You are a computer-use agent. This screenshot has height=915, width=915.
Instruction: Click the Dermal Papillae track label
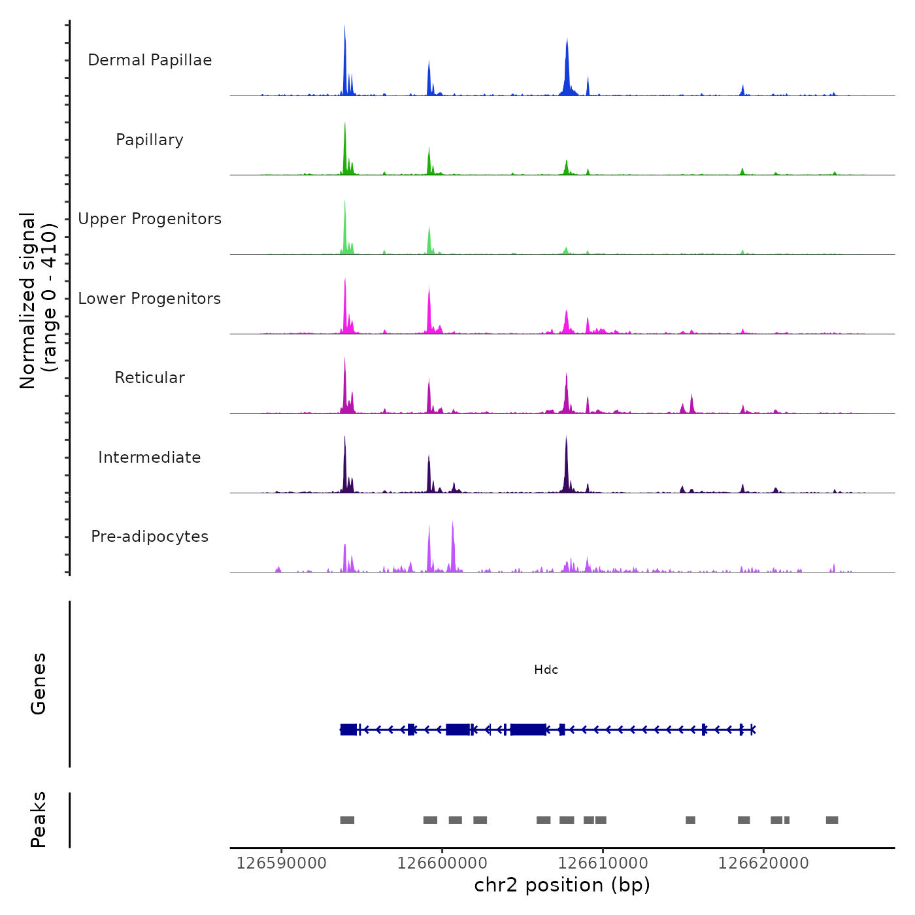[150, 60]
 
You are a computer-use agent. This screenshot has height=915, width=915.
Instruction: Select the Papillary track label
[150, 140]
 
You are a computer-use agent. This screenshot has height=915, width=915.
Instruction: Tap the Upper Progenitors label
[150, 219]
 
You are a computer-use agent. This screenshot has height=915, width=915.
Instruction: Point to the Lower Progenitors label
[150, 299]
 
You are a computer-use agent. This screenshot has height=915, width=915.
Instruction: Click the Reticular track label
[150, 378]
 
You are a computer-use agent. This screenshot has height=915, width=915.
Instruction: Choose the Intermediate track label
[150, 457]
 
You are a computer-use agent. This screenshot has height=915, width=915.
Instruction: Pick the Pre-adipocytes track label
[150, 537]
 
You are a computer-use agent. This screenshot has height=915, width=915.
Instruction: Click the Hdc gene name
[546, 670]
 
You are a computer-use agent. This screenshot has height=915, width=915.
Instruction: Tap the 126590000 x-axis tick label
[281, 863]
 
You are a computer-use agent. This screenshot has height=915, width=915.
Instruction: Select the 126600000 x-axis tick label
[442, 863]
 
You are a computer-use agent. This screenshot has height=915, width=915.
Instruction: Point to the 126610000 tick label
[603, 863]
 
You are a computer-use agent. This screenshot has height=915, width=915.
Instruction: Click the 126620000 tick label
[763, 863]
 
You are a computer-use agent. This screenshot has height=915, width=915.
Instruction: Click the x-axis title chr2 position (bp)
[562, 885]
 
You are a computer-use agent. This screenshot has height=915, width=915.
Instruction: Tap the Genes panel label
[39, 684]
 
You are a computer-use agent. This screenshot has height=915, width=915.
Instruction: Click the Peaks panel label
[39, 820]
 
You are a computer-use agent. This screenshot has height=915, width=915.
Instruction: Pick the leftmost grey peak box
[347, 820]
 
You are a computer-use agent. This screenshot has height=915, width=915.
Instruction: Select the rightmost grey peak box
[831, 820]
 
